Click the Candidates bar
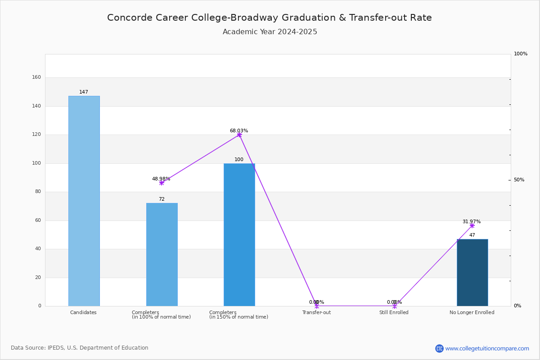point(84,201)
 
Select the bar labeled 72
point(162,254)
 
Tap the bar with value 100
point(239,234)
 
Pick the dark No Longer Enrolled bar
point(472,272)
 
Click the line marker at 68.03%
point(239,135)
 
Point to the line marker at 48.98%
point(162,183)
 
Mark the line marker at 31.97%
point(472,226)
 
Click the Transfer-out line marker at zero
point(317,306)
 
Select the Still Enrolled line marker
point(395,306)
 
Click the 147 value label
point(84,92)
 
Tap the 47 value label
point(472,235)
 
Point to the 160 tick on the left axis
point(36,77)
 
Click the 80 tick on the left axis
point(38,191)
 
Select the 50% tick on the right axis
point(519,180)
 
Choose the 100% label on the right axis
point(521,54)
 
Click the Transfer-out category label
point(316,312)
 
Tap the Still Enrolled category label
point(394,312)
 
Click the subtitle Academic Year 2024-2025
point(270,32)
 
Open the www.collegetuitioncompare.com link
point(487,348)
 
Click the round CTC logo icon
point(439,348)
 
